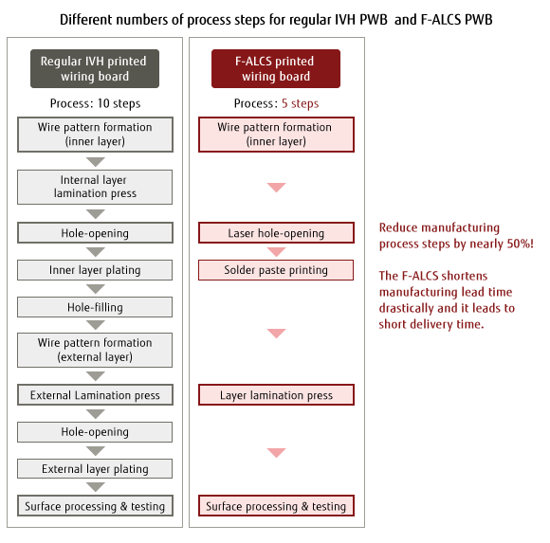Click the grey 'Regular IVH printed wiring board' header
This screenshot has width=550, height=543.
coord(95,69)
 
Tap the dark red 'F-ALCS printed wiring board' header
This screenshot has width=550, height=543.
coord(276,69)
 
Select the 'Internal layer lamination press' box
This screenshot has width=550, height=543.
coord(95,187)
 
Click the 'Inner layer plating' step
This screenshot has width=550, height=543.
coord(95,270)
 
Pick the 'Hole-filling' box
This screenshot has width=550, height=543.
coord(95,307)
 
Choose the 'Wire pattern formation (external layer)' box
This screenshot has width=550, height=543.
coord(95,350)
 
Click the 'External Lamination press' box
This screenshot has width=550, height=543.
coord(95,395)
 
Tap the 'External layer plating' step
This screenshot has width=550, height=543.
coord(95,469)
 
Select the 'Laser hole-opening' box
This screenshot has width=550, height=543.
coord(276,233)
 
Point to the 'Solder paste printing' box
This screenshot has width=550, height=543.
coord(276,270)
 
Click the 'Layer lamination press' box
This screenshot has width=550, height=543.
coord(276,395)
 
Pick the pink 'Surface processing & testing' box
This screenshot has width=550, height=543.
coord(276,506)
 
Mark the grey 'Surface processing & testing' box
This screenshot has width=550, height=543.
coord(95,506)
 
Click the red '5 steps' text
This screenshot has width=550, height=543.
coord(301,103)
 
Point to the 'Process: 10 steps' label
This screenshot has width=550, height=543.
coord(95,103)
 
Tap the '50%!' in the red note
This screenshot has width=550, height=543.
coord(521,244)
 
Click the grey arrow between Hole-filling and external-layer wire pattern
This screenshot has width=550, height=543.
coord(96,325)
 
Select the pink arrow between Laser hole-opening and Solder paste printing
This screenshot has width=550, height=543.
coord(276,252)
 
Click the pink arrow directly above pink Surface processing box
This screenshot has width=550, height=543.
coord(276,453)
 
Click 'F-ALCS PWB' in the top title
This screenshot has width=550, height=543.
coord(456,20)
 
